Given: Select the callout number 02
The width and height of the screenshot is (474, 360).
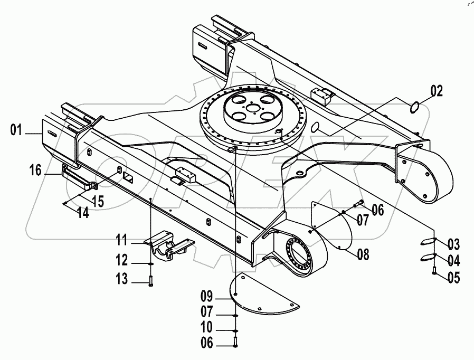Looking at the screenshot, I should pos(437,90).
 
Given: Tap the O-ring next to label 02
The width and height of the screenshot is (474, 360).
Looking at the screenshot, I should pos(416,107).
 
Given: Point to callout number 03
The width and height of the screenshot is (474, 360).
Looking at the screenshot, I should pos(453,244).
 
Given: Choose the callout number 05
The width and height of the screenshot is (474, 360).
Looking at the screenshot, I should pos(453,277).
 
